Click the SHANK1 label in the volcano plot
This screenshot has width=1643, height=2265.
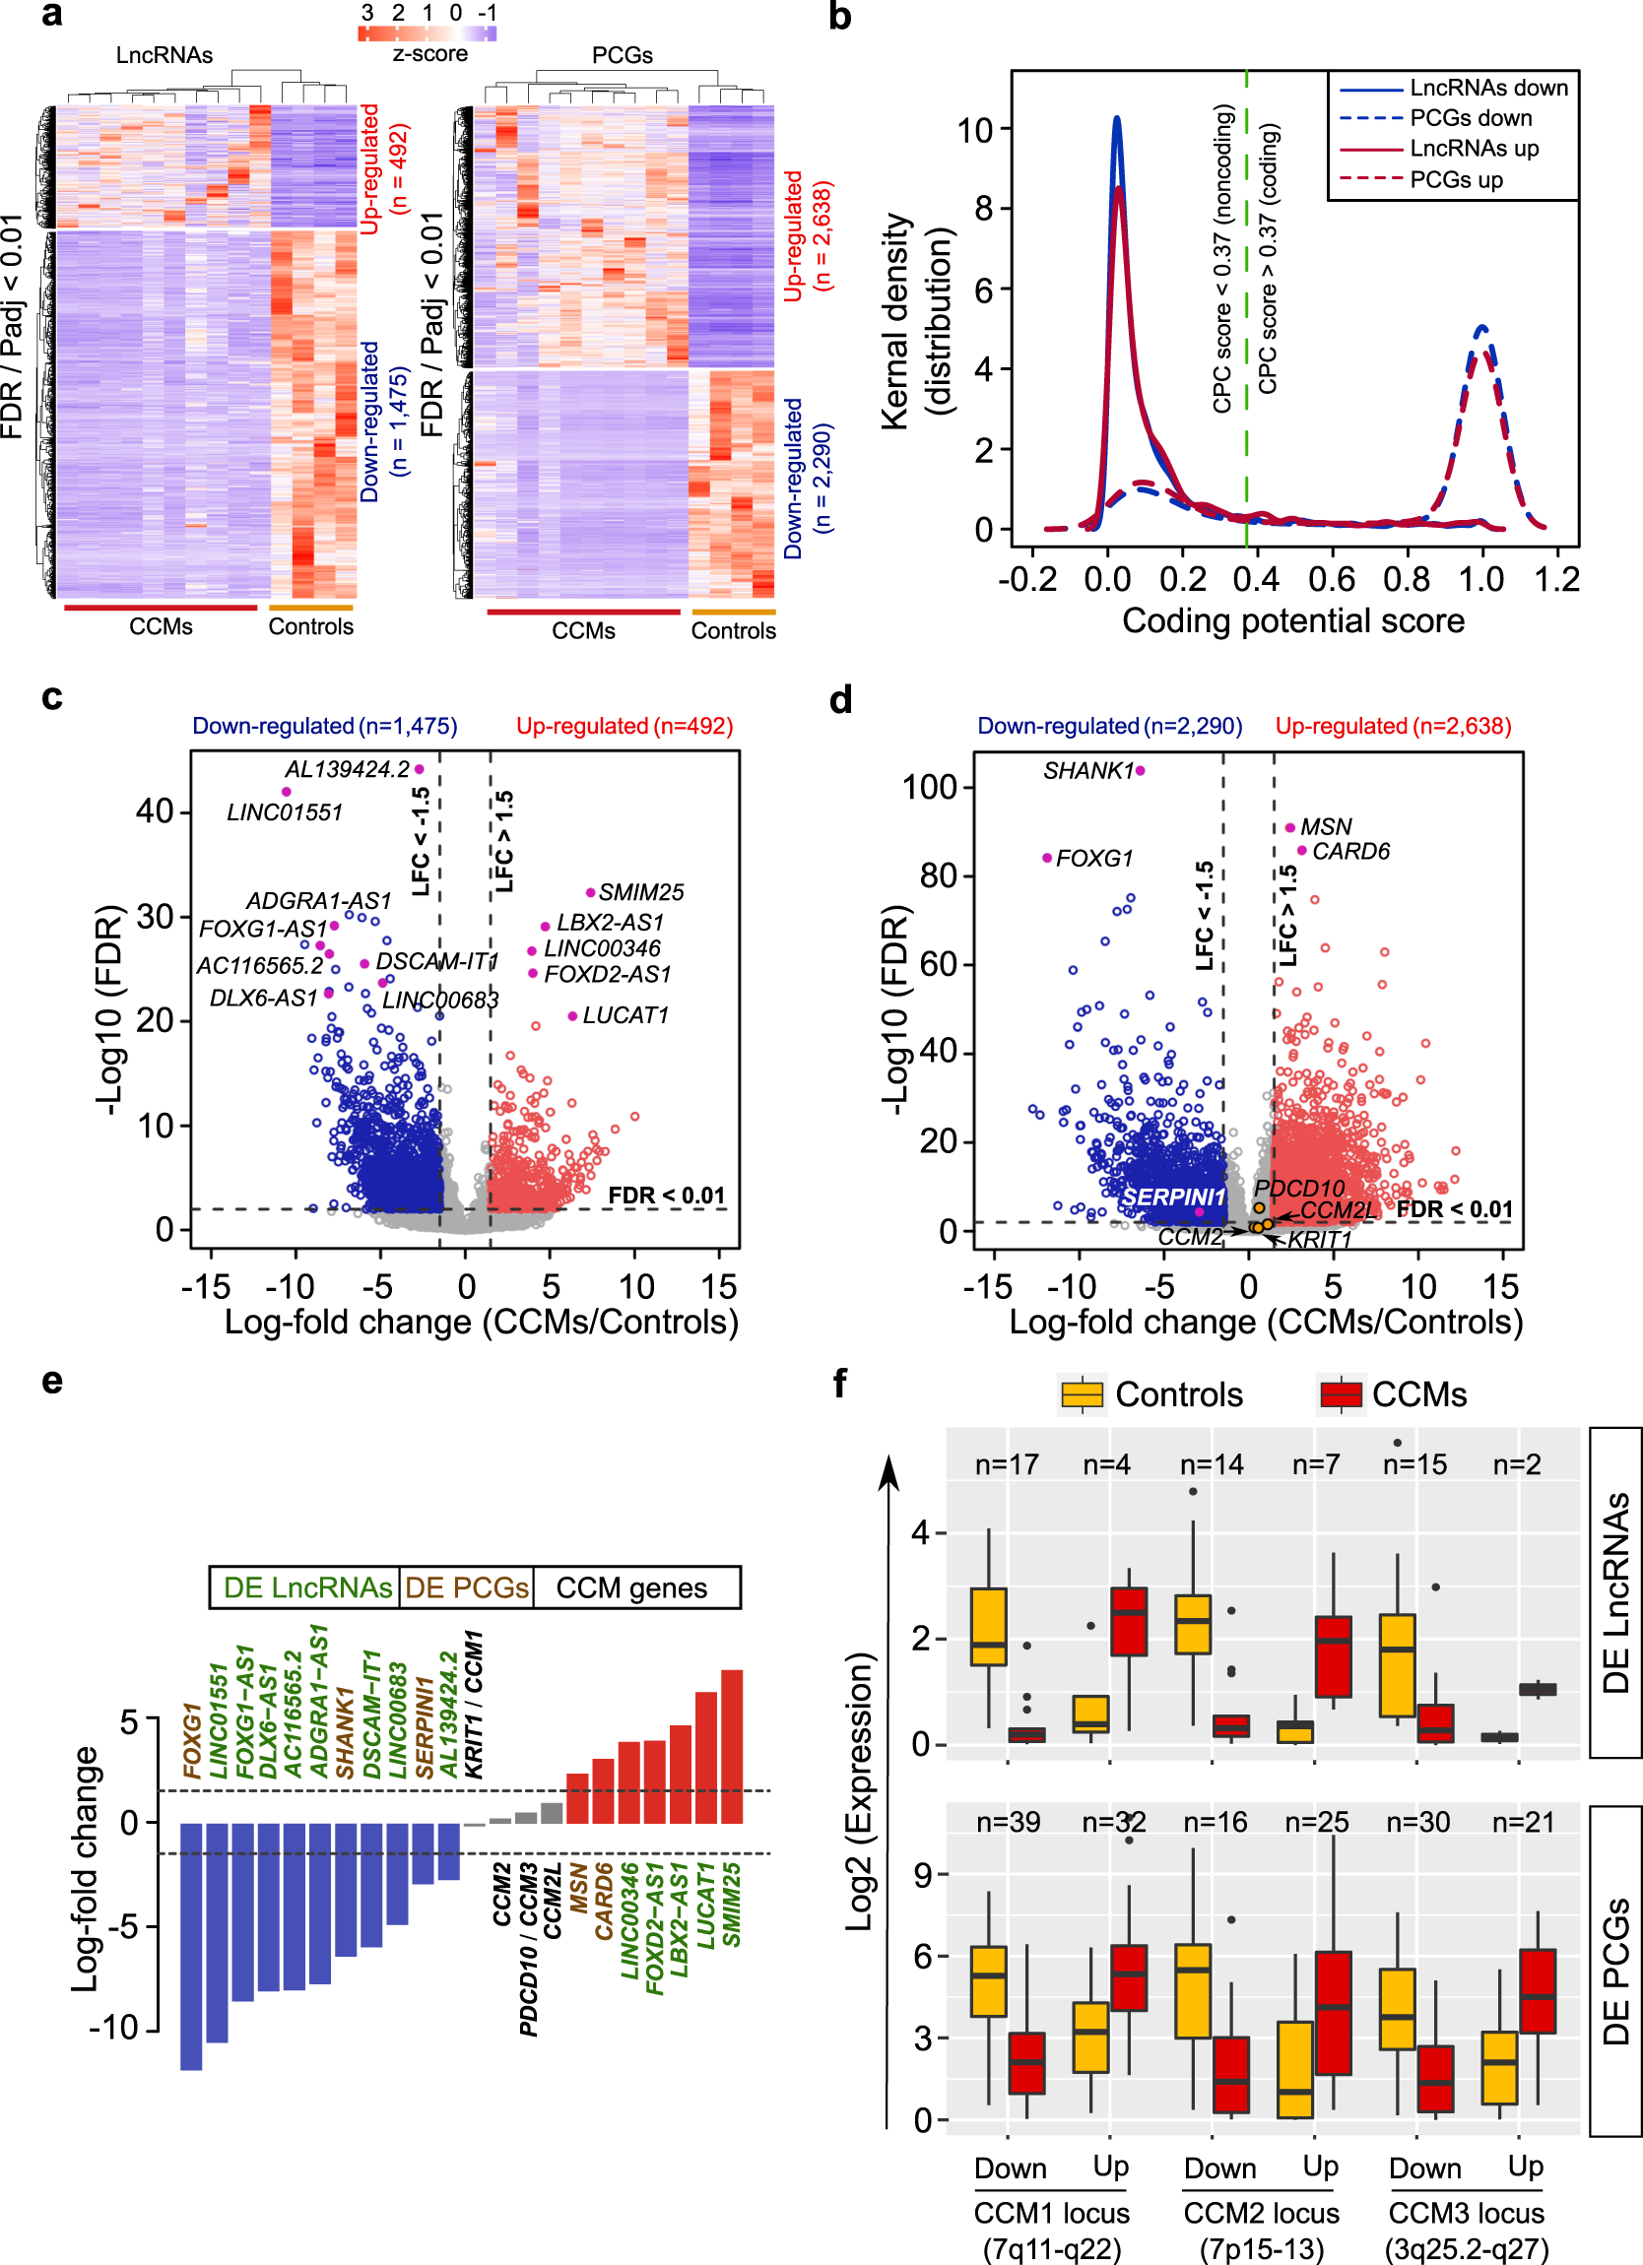pyautogui.click(x=1087, y=771)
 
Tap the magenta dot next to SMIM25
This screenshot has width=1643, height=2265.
pyautogui.click(x=590, y=893)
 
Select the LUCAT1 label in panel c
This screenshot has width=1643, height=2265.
pyautogui.click(x=625, y=1015)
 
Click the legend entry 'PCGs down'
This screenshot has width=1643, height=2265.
pyautogui.click(x=1470, y=118)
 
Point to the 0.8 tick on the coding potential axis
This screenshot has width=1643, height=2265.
pyautogui.click(x=1407, y=579)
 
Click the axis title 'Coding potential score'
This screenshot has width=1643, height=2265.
pyautogui.click(x=1292, y=621)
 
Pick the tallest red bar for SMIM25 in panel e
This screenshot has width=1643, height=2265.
pyautogui.click(x=731, y=1747)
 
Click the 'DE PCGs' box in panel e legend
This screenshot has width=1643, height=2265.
pyautogui.click(x=467, y=1587)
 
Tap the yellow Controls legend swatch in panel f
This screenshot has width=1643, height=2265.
pyautogui.click(x=1082, y=1394)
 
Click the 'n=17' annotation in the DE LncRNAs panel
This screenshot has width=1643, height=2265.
pyautogui.click(x=1007, y=1465)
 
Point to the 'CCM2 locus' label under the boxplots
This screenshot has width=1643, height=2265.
pyautogui.click(x=1261, y=2214)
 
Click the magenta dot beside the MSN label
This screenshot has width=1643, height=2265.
pyautogui.click(x=1290, y=828)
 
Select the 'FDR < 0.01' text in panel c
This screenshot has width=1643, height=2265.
pyautogui.click(x=666, y=1196)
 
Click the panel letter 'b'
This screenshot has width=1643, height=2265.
pyautogui.click(x=840, y=17)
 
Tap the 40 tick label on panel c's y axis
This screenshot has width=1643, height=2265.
pyautogui.click(x=155, y=810)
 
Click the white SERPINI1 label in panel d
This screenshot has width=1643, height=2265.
pyautogui.click(x=1172, y=1197)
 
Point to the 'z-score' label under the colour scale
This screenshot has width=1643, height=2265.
pyautogui.click(x=429, y=54)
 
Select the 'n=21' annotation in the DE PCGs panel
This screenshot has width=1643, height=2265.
pyautogui.click(x=1522, y=1823)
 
